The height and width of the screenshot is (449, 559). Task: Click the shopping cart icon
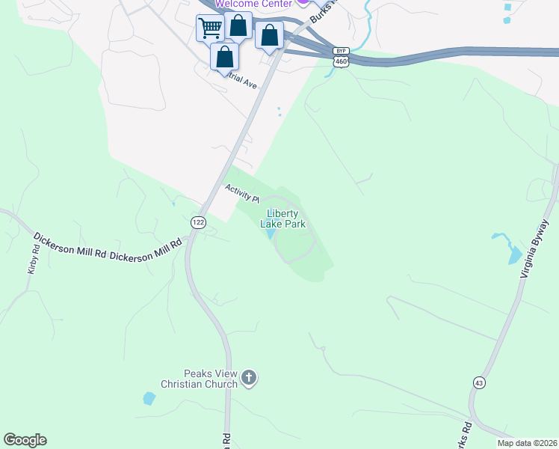[210, 29]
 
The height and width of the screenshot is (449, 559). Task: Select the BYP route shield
[341, 51]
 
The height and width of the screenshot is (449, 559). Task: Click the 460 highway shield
[341, 61]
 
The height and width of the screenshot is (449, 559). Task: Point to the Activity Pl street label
[241, 193]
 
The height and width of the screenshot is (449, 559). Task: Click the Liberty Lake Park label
[282, 218]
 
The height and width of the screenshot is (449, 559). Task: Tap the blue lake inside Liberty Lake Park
[270, 234]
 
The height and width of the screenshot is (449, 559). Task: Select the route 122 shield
[198, 222]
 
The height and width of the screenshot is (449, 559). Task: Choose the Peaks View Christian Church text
[200, 379]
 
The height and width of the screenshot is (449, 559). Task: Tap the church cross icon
[249, 379]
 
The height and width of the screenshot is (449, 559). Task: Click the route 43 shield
[478, 382]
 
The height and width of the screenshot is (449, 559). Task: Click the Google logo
[25, 439]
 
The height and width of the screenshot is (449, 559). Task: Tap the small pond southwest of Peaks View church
[149, 398]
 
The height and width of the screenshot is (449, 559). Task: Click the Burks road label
[320, 10]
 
